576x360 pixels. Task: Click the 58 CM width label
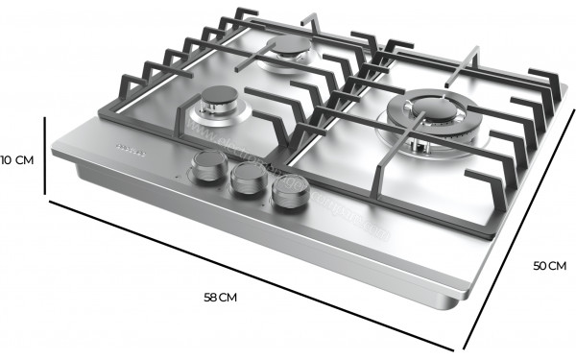[x=222, y=297]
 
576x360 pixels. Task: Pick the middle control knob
[x=247, y=178]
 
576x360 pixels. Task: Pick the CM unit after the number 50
[x=557, y=266]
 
